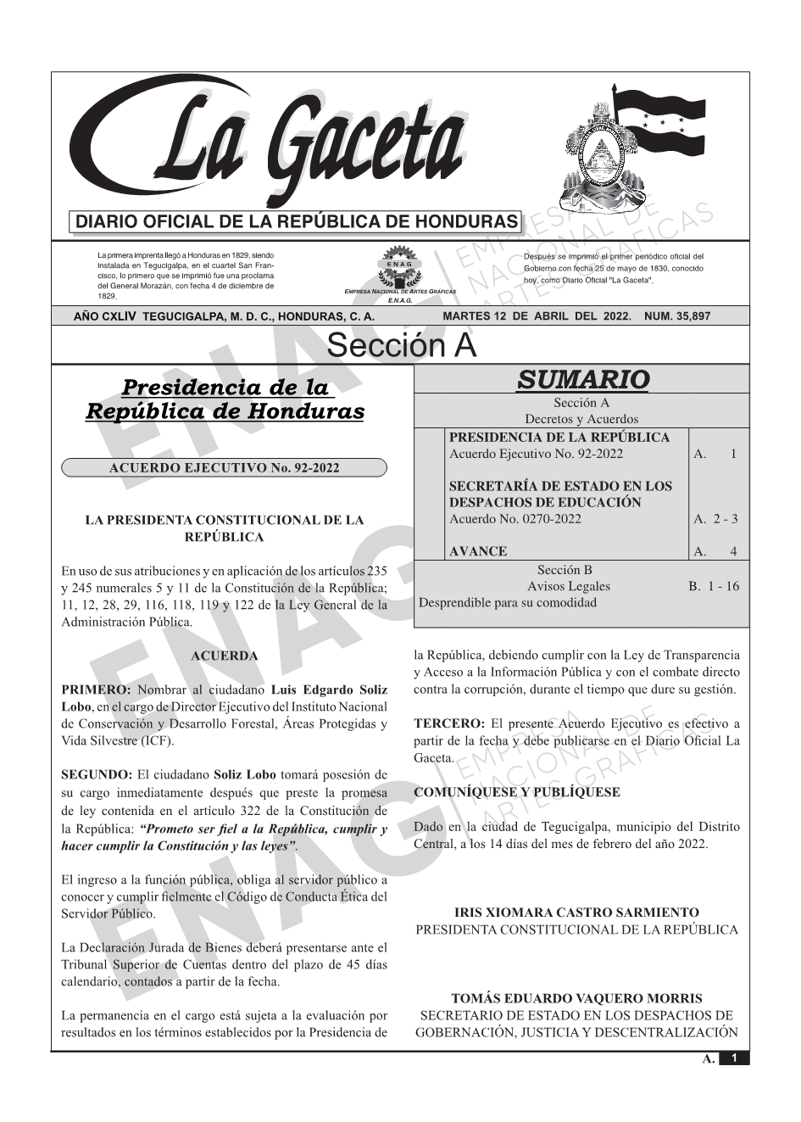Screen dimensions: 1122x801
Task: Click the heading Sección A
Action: [x=401, y=346]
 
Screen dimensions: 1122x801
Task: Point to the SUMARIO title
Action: [x=582, y=379]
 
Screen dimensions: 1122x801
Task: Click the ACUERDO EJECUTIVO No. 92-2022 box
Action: [x=225, y=467]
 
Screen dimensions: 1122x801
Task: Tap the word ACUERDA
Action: [x=225, y=656]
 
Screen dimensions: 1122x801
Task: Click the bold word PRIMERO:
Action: [x=96, y=689]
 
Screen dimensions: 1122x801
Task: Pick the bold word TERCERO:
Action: [x=448, y=723]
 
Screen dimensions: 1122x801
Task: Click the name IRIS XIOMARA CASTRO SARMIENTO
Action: [x=576, y=913]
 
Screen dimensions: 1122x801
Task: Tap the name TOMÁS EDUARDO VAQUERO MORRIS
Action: [x=576, y=999]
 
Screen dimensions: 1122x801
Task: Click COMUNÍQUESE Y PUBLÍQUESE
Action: [x=516, y=792]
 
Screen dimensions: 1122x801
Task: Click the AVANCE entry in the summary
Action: [x=478, y=551]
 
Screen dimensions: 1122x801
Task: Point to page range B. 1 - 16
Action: [x=714, y=586]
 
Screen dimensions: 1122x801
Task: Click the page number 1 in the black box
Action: [x=735, y=1058]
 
